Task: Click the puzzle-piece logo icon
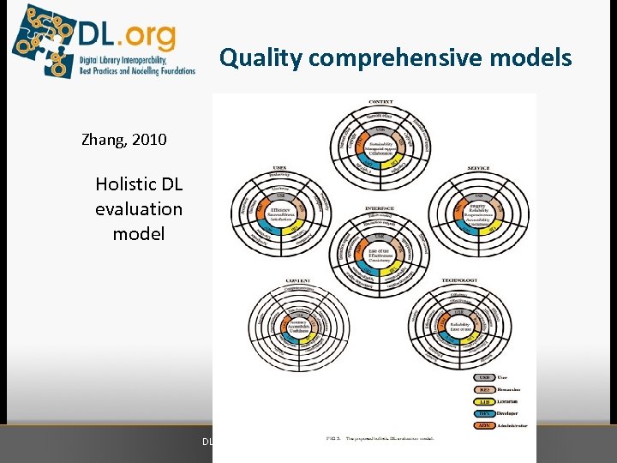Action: coord(43,39)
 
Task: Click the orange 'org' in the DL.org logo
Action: coord(148,35)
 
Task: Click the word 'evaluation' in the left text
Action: coord(139,208)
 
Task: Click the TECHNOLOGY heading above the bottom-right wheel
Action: coord(459,280)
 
